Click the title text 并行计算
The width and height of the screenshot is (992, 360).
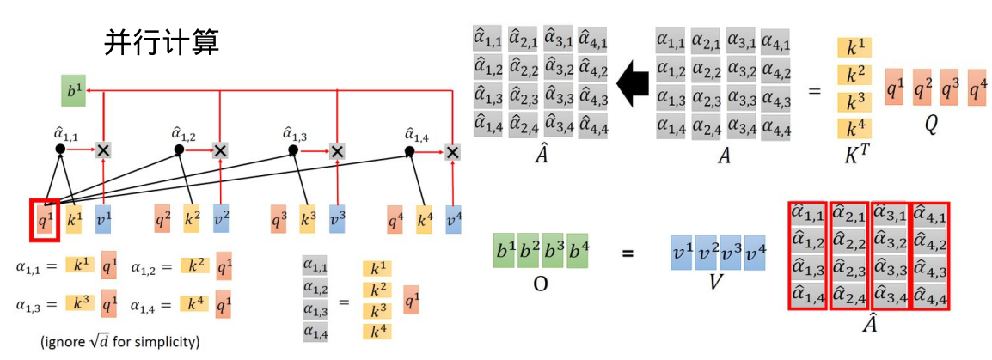pos(161,41)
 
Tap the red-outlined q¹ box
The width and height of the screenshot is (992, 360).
pos(44,218)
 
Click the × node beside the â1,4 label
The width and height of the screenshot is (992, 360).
pos(452,151)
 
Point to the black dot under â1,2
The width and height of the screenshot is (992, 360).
pos(179,149)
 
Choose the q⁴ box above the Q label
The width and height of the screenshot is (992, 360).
pos(977,87)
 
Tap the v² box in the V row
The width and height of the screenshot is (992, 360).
pos(707,253)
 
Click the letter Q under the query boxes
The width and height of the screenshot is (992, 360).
pos(931,123)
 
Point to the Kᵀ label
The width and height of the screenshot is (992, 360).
pos(856,156)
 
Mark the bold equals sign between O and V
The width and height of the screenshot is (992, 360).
pos(628,253)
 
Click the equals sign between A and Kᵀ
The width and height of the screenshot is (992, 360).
pos(814,91)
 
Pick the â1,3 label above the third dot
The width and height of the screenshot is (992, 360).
pos(294,133)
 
